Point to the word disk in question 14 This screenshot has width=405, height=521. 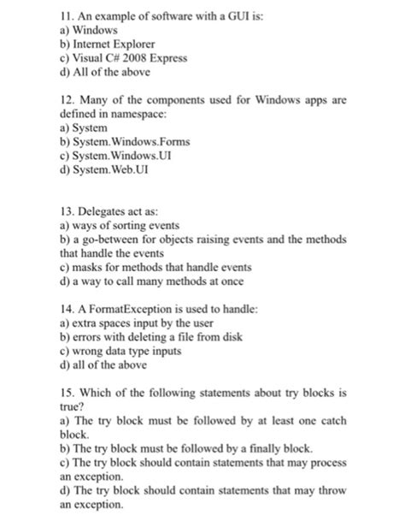(216, 339)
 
